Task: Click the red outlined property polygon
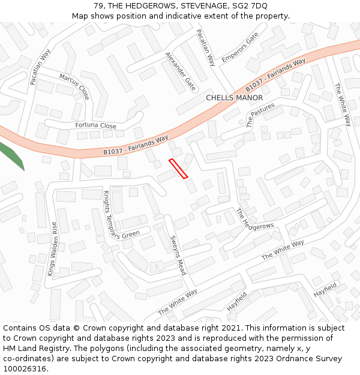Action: [178, 168]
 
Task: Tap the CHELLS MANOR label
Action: [234, 98]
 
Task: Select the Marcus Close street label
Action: [74, 86]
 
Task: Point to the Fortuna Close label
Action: [96, 126]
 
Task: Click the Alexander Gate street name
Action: [181, 71]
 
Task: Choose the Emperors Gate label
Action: [239, 47]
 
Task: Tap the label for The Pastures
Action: [260, 115]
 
